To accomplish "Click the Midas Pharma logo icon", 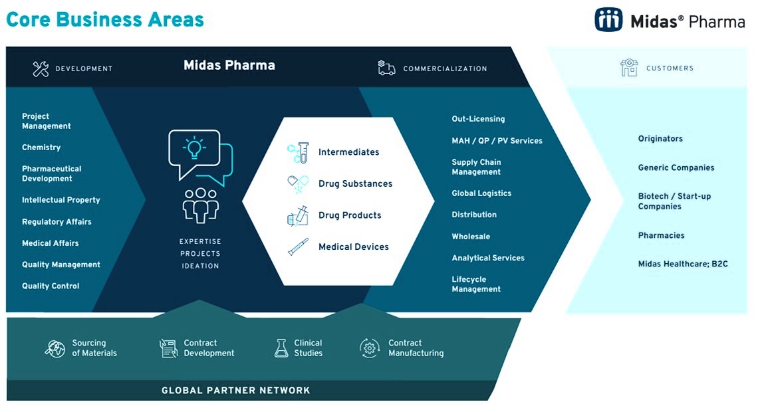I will (x=608, y=20).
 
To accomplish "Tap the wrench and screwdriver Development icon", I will (x=41, y=68).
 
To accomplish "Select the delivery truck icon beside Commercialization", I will (x=386, y=68).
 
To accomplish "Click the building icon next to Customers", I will (x=628, y=68).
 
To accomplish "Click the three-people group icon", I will (x=200, y=205).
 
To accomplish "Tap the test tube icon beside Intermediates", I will (x=298, y=152).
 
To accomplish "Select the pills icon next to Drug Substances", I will (x=297, y=184).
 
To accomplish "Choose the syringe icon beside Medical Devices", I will (x=297, y=247).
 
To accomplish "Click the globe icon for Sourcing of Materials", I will (x=55, y=348).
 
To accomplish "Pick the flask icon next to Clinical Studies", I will (x=281, y=348).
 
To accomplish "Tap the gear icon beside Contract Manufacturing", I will (x=369, y=348).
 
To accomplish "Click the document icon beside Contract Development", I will (x=169, y=348).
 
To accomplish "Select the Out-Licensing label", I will (x=478, y=119).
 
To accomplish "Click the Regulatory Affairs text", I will (x=57, y=221).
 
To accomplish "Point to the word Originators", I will (x=660, y=139).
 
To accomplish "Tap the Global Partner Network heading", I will (x=235, y=390).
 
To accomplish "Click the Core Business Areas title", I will (x=105, y=19).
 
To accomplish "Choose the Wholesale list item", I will (x=471, y=237).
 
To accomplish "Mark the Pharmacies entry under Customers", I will (x=661, y=235).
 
